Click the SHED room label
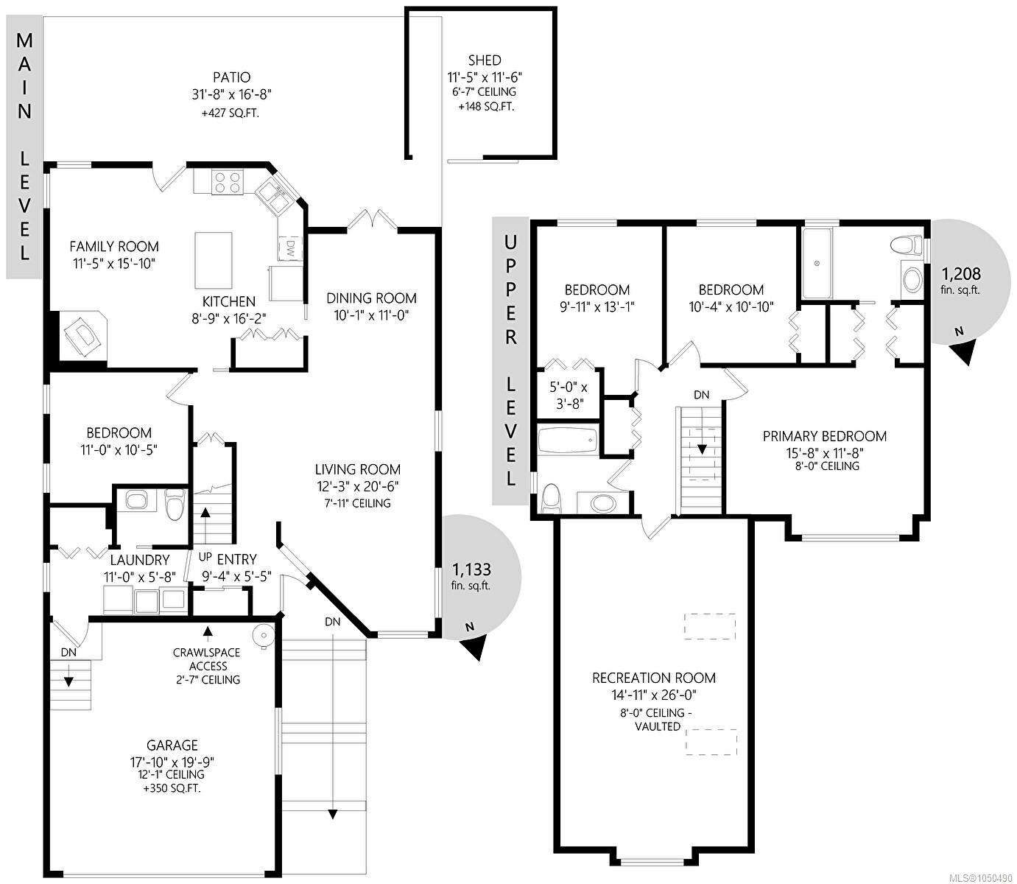(x=485, y=60)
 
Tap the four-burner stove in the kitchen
(x=228, y=182)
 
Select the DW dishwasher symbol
(x=291, y=247)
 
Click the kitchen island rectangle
(x=214, y=260)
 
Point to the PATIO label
(x=232, y=77)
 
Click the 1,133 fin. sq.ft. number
(x=471, y=569)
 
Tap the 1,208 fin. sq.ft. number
(x=961, y=274)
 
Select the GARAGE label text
(x=172, y=746)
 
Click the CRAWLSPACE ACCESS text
(x=207, y=659)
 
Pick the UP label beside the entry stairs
(x=205, y=557)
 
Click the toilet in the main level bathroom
(x=174, y=504)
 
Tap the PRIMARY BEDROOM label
(x=825, y=437)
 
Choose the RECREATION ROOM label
(x=654, y=678)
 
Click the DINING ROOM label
(x=371, y=298)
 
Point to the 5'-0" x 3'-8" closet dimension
(x=569, y=396)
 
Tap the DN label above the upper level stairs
(x=701, y=396)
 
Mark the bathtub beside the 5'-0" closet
(x=568, y=440)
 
